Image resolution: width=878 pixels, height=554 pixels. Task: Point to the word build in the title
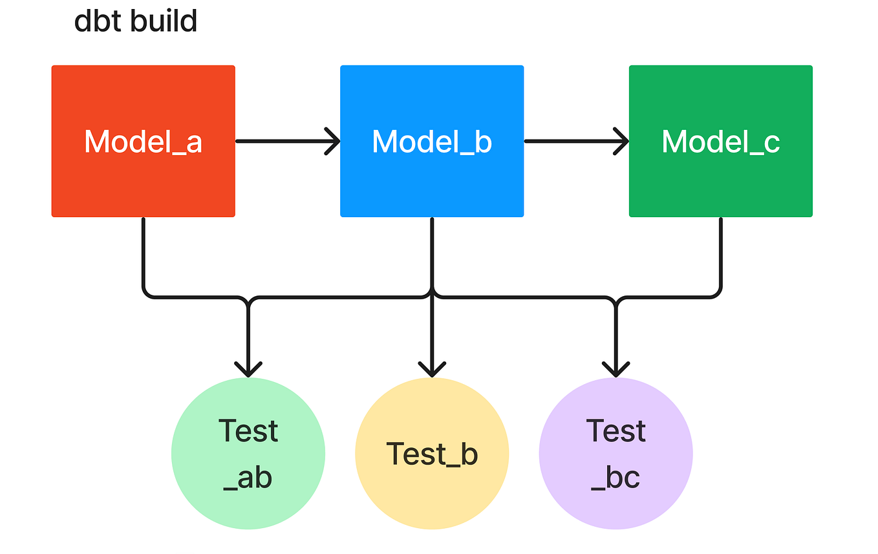(164, 21)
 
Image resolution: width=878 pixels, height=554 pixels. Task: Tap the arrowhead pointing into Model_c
(621, 141)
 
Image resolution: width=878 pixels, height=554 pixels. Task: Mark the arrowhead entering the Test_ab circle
(248, 369)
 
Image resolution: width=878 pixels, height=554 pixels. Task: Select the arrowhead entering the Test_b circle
(432, 369)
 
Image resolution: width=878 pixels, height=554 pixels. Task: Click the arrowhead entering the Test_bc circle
(616, 369)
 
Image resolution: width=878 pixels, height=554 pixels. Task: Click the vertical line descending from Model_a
(143, 252)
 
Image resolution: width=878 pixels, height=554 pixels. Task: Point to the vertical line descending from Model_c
(720, 252)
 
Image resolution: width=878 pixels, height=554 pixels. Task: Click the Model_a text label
(143, 142)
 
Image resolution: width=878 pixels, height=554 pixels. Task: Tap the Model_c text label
(720, 142)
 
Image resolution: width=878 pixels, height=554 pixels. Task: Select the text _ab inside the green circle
(248, 478)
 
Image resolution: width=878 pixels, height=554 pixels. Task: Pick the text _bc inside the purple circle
(616, 478)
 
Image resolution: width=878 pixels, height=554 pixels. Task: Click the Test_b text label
(432, 454)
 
